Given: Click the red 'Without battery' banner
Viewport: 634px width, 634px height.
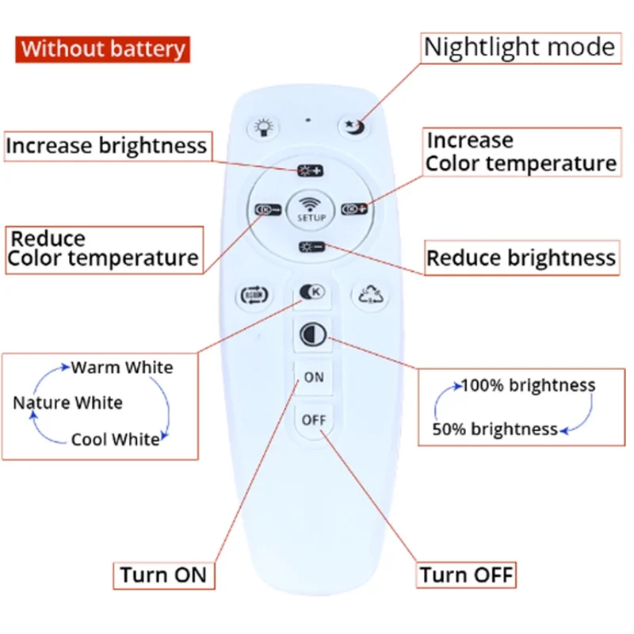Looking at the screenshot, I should (103, 48).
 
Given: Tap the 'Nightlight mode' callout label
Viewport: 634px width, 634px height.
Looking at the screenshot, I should (519, 48).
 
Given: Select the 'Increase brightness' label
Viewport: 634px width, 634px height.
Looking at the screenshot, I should (106, 146).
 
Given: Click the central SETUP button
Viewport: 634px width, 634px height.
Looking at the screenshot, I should (311, 208).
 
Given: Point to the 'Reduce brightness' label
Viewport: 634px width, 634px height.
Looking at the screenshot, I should (521, 258).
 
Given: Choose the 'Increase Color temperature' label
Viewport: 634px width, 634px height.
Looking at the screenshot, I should (521, 152).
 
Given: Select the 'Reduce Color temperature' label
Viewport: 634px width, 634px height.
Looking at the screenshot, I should (104, 249).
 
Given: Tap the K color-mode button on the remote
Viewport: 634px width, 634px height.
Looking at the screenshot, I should (311, 292).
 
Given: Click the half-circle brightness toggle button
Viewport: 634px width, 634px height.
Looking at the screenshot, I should (312, 334).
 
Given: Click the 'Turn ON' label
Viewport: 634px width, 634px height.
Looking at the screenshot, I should (163, 575).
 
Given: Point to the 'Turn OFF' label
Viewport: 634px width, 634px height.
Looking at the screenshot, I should (467, 575).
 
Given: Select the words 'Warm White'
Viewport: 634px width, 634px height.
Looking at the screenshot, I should (122, 367).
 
